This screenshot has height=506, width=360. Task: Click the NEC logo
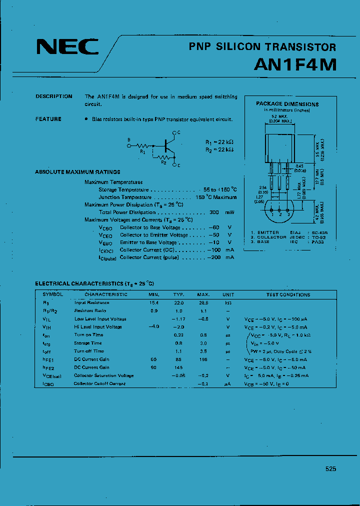point(67,47)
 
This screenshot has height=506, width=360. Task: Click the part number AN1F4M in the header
point(296,65)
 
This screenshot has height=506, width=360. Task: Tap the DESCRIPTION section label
point(53,96)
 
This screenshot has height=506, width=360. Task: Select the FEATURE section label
point(48,119)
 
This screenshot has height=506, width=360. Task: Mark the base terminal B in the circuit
point(128,140)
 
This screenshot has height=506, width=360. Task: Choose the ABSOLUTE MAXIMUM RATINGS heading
point(77,172)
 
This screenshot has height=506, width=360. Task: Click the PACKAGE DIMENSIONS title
point(287,104)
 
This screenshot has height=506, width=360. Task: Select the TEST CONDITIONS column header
point(288,294)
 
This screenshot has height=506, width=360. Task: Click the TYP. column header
point(178,294)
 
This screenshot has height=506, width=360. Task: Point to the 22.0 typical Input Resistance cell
point(178,302)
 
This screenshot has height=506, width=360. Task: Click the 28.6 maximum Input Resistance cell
point(202,302)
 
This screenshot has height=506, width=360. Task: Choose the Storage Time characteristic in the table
point(89,343)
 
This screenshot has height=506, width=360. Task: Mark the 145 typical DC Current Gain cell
point(178,367)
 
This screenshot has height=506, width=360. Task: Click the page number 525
point(330,469)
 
